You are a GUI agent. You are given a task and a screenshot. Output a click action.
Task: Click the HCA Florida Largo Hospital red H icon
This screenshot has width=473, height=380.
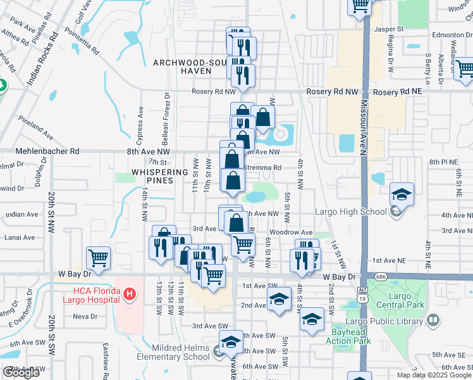130,294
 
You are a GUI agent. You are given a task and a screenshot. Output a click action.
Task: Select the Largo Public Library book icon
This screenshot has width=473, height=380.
433,320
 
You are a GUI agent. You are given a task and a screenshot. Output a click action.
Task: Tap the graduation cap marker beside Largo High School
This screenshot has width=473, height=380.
402,194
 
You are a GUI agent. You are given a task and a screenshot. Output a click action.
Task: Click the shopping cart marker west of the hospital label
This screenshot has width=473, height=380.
98,258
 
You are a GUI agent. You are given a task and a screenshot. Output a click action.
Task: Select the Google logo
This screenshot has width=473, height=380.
21,372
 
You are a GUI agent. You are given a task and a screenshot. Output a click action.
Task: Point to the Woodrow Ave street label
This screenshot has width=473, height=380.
298,233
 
